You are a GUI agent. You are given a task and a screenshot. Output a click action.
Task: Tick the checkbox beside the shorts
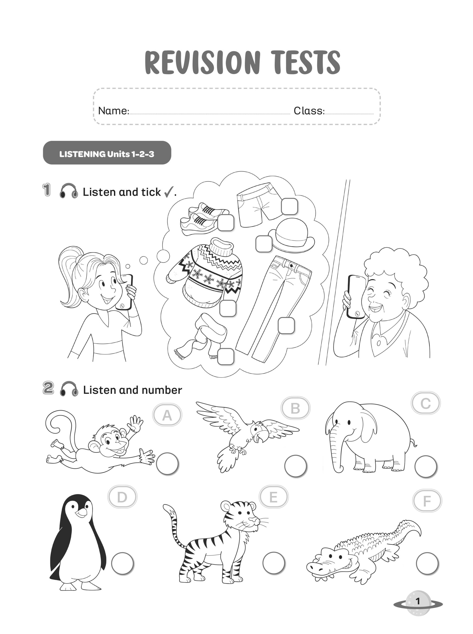point(289,207)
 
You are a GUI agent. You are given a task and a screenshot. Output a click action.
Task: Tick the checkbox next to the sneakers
point(226,223)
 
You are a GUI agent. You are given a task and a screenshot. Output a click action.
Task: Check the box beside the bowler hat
point(264,244)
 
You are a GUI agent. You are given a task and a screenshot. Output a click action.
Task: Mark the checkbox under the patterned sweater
point(228,308)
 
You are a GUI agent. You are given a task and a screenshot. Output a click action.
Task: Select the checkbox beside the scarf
point(226,356)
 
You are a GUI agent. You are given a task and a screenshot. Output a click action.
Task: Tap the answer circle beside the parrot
point(296,466)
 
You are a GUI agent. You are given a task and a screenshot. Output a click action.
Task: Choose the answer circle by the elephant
point(426,467)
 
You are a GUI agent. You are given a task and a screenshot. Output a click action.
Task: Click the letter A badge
point(167,415)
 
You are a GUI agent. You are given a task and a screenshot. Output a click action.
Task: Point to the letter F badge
point(427,501)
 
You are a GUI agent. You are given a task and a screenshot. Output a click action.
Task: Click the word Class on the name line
point(309,111)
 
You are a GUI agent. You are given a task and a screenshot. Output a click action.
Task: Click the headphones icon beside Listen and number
point(69,389)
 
